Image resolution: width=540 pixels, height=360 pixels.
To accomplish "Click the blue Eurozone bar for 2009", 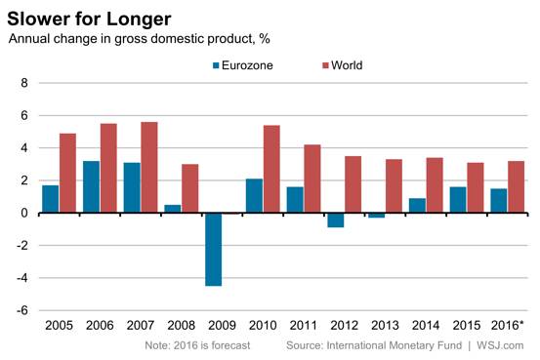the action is point(214,250).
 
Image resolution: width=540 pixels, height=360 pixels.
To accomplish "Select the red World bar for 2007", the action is point(149,167).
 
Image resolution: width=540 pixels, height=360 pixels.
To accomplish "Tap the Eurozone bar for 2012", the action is point(336,220).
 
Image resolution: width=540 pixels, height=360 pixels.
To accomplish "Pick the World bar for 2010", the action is point(271,169).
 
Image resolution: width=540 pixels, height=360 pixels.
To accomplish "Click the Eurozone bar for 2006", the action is point(91,187).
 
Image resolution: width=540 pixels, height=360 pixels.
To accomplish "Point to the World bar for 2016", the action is point(516,187).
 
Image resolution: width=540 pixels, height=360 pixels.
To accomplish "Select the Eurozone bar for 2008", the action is point(173,209).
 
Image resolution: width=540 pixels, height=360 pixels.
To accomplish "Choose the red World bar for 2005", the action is point(67,173).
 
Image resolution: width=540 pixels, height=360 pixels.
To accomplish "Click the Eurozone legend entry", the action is point(243,65).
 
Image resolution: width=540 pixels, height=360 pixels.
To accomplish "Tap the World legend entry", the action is point(343,65).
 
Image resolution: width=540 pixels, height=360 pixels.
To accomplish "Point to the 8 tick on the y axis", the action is point(24,83).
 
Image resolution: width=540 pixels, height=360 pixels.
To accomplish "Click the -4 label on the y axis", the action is point(22,278).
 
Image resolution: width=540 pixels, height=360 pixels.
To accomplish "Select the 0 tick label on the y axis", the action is point(24,213).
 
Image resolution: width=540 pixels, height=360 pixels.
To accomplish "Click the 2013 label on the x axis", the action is point(385,325).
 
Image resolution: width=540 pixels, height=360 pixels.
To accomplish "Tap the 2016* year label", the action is point(507,325).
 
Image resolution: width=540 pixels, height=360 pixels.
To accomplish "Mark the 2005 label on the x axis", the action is point(59,325).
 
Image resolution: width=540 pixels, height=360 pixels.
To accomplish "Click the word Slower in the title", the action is point(38,19).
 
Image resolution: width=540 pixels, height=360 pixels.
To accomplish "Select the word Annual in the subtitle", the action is point(28,39).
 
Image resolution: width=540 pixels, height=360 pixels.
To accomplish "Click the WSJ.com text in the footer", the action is point(500,345).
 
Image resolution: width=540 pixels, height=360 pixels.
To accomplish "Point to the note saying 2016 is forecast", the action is point(197,345).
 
